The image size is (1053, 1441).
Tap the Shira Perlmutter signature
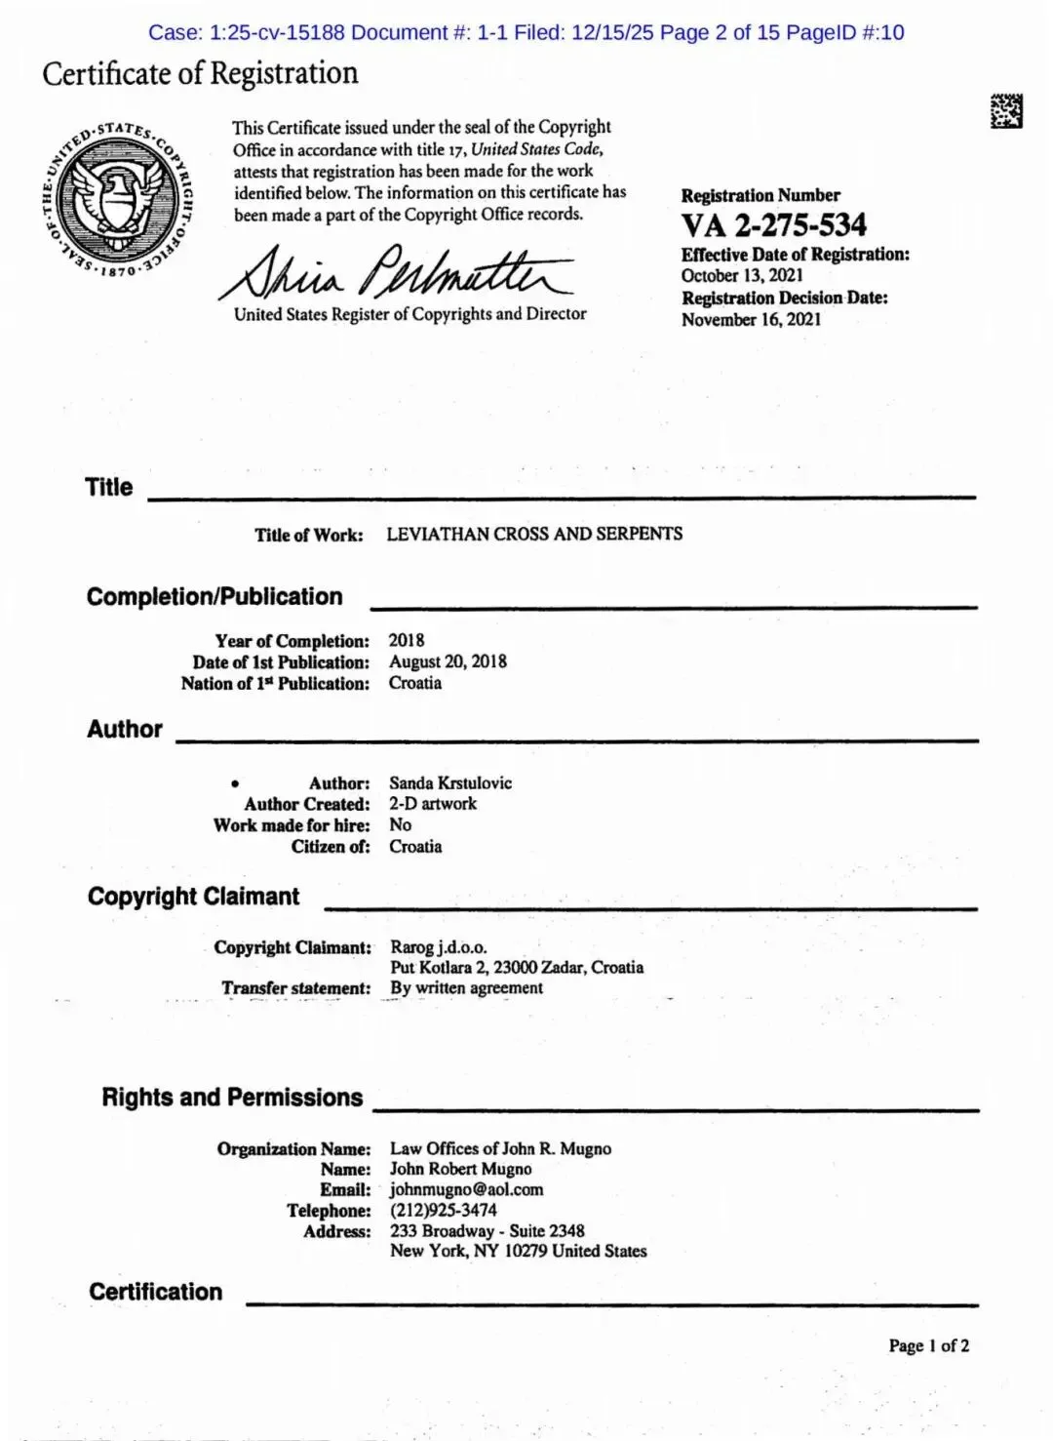point(396,272)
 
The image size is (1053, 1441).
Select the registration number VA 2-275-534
point(773,225)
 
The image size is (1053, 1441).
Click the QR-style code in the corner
point(1006,111)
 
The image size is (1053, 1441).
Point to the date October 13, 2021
point(742,275)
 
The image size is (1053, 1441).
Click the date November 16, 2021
point(751,319)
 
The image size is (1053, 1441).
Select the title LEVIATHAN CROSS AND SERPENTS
point(534,534)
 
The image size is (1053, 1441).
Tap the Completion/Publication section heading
point(214,596)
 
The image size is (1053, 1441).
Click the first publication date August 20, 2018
point(448,661)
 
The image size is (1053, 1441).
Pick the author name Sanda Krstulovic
point(450,782)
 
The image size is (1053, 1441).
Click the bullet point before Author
point(235,783)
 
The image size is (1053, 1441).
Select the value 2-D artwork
point(433,804)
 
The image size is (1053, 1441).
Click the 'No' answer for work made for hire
point(400,824)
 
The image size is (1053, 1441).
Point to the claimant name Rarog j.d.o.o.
point(439,946)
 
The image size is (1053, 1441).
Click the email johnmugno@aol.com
point(466,1189)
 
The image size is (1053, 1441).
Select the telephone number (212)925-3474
point(444,1210)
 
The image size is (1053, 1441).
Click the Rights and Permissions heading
point(232,1098)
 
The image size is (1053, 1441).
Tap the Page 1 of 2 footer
point(928,1345)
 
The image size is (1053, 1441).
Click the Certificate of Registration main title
point(200,74)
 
